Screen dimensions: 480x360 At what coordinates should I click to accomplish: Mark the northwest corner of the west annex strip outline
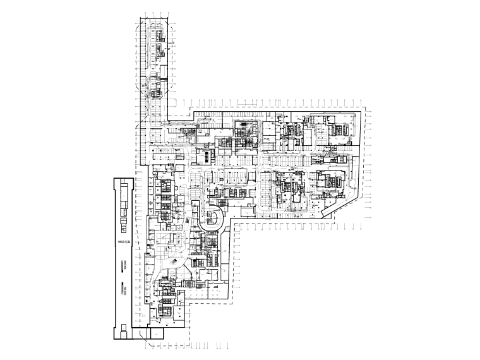point(112,179)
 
